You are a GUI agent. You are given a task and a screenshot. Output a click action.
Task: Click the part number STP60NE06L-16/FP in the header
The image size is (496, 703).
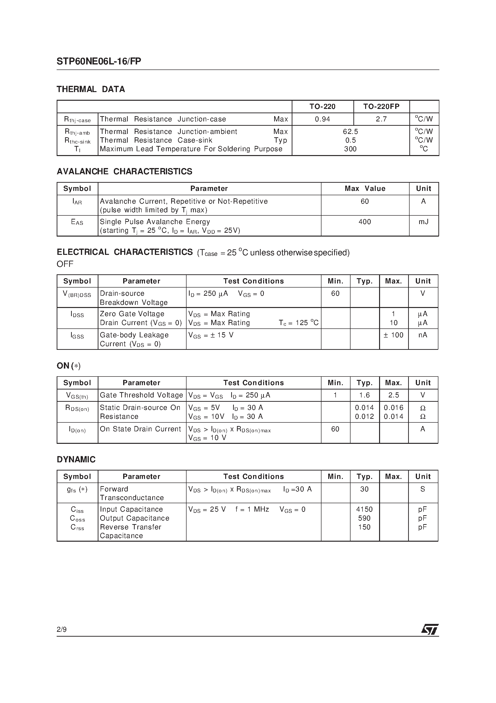(x=99, y=62)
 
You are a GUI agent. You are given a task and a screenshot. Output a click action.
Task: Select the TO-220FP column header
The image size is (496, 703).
(x=381, y=107)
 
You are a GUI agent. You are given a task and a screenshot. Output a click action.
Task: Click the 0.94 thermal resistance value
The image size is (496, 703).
(x=322, y=119)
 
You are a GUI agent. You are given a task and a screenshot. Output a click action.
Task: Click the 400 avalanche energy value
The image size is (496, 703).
(x=364, y=222)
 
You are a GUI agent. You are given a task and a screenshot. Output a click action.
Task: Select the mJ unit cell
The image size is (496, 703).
(x=423, y=222)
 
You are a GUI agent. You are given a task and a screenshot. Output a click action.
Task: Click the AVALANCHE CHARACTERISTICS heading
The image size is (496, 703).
(x=124, y=171)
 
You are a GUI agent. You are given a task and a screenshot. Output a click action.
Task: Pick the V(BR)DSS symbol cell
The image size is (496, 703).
(x=77, y=294)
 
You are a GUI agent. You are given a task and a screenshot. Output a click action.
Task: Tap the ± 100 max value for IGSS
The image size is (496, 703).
(x=393, y=335)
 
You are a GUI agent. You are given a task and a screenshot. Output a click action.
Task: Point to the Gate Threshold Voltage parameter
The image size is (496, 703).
(x=141, y=395)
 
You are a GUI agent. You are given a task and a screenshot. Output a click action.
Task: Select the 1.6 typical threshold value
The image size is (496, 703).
(x=364, y=395)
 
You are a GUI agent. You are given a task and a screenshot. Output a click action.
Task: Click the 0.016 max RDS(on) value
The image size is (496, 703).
(x=393, y=408)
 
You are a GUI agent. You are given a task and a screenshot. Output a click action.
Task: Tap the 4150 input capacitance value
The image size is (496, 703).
(x=364, y=509)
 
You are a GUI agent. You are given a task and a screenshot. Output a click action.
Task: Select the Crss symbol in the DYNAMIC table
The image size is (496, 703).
(x=77, y=527)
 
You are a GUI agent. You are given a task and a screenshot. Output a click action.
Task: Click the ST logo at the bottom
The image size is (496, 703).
(x=430, y=629)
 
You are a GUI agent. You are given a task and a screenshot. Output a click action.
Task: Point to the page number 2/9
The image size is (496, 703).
(x=61, y=629)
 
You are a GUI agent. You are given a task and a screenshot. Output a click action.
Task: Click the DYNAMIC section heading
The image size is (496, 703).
(x=76, y=460)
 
